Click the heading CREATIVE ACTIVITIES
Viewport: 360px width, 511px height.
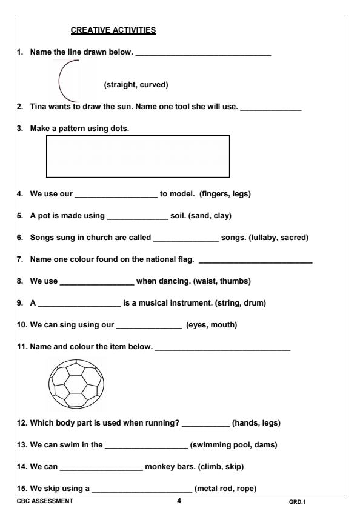(113, 29)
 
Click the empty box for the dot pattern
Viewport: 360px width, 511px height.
(138, 156)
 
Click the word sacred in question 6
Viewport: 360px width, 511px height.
(292, 238)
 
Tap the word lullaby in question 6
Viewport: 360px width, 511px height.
(264, 238)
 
